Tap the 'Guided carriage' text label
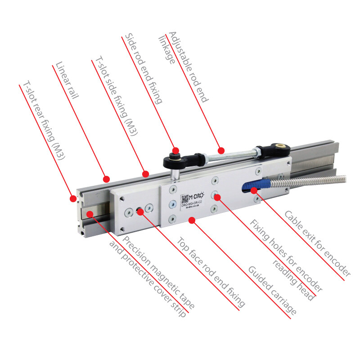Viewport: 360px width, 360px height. (x=272, y=290)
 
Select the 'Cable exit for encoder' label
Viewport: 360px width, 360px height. (x=317, y=243)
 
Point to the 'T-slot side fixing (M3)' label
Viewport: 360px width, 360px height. (x=114, y=96)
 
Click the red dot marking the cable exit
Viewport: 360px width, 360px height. (x=254, y=190)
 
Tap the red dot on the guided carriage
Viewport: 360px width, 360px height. (x=192, y=220)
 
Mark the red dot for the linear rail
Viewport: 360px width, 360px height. (x=106, y=179)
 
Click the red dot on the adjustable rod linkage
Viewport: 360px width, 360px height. (x=220, y=150)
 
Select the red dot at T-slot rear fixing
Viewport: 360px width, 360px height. (x=72, y=198)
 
